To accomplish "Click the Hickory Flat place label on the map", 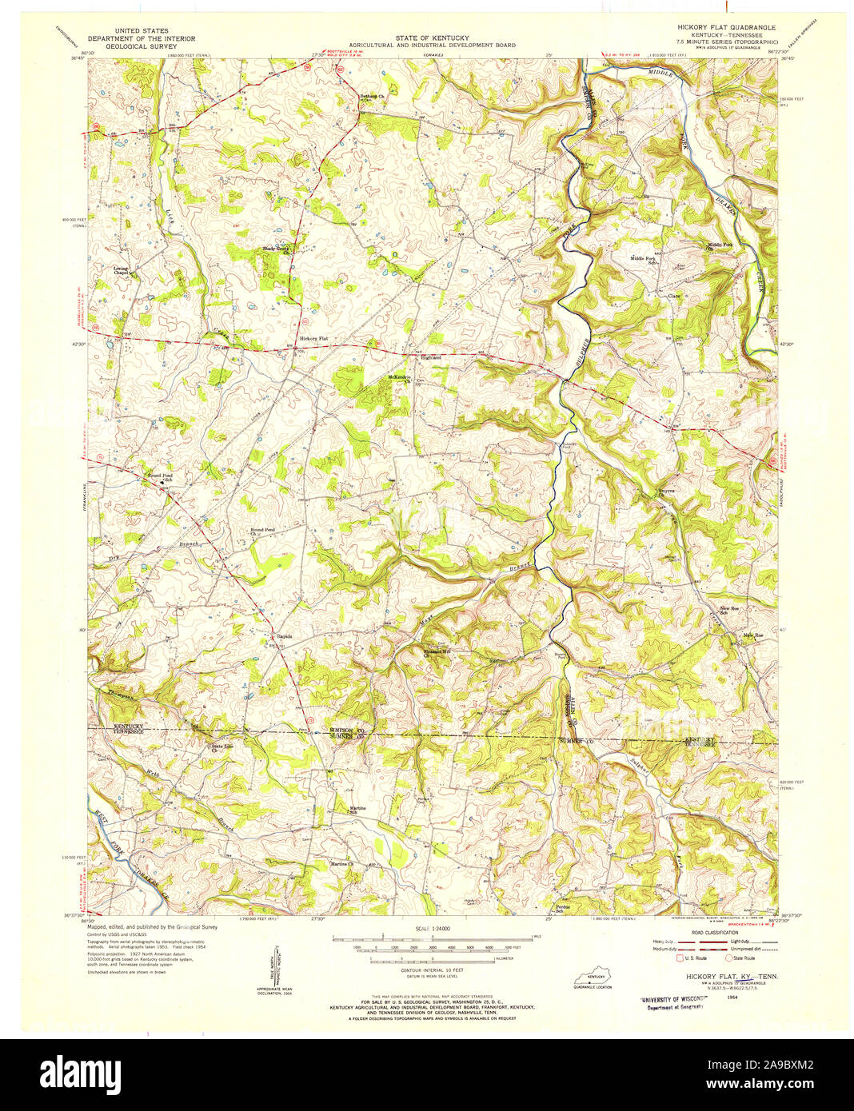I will tap(313, 339).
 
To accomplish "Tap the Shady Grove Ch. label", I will tap(275, 249).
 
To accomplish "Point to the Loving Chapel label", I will tap(121, 271).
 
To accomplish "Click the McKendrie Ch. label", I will tap(399, 378).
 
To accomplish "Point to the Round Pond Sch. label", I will tap(159, 477).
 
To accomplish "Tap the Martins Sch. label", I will tap(357, 810).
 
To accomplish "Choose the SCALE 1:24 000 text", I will tap(433, 930).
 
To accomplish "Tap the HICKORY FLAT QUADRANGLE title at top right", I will tap(726, 27).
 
